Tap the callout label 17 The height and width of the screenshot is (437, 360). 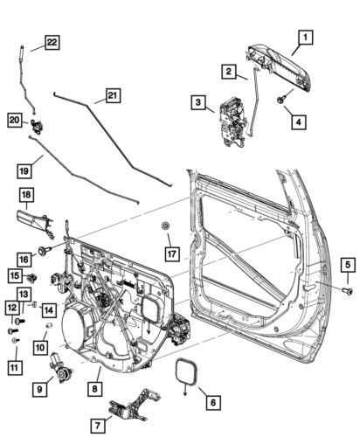tap(171, 254)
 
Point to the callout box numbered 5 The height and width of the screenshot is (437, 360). tap(346, 264)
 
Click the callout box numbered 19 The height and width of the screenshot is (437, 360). tap(27, 163)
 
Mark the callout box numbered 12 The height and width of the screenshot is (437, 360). tap(11, 308)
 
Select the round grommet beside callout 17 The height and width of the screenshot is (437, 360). tap(164, 229)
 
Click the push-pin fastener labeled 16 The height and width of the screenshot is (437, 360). tap(44, 253)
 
